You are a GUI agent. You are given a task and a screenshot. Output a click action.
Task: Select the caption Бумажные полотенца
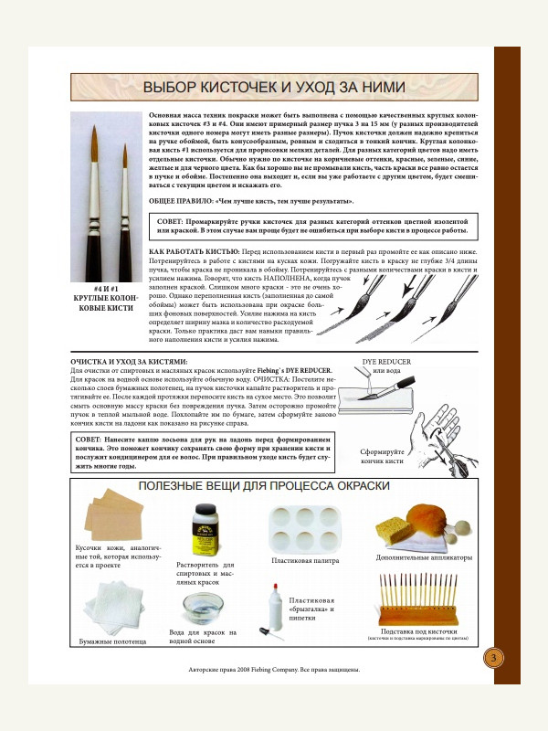(112, 641)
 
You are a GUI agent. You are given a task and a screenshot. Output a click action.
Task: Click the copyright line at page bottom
(274, 669)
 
